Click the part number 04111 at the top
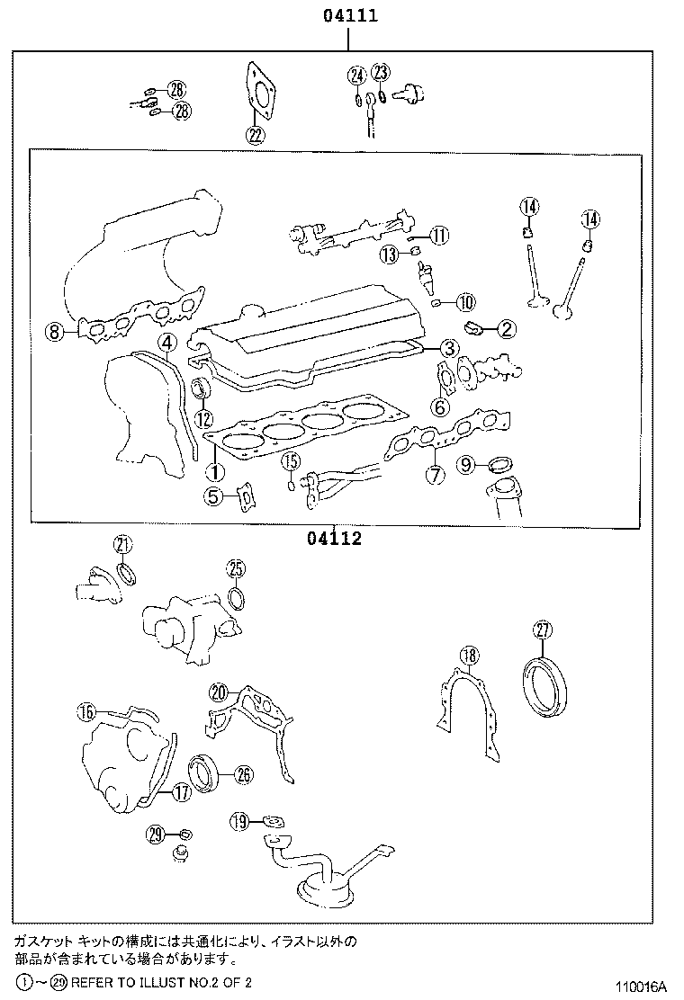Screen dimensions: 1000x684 [x=345, y=15]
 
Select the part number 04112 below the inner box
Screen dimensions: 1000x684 [x=333, y=539]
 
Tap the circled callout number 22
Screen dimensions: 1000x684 [x=255, y=136]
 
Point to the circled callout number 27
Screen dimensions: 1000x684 [x=542, y=630]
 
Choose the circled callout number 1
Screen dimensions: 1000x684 [x=214, y=470]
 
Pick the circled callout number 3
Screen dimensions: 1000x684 [x=449, y=349]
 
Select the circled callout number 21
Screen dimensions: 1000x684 [x=122, y=543]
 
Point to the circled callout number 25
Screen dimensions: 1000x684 [x=235, y=567]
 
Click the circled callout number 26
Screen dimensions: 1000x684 [x=244, y=773]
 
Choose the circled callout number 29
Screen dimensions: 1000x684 [x=156, y=835]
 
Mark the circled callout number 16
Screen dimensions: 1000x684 [x=85, y=712]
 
